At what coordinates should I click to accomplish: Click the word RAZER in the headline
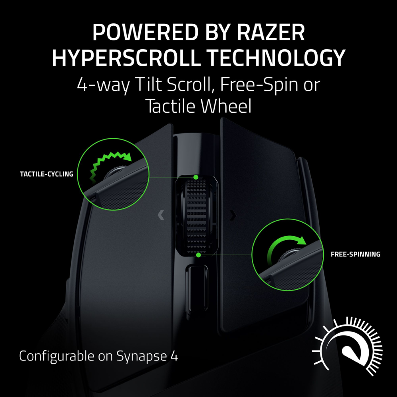pos(271,32)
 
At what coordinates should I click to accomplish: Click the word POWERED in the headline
pos(145,32)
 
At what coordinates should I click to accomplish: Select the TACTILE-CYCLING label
pos(46,174)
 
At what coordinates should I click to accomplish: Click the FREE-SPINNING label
pos(355,254)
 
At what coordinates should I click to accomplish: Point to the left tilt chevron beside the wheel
pos(161,215)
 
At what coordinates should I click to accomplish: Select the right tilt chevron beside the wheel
pos(233,215)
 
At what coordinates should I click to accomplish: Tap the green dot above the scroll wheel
pos(196,177)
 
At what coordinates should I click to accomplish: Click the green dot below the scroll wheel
pos(198,255)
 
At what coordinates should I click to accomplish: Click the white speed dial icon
pos(347,346)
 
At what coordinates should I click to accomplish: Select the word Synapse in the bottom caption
pos(142,357)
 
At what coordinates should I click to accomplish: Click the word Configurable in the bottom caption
pos(57,357)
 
